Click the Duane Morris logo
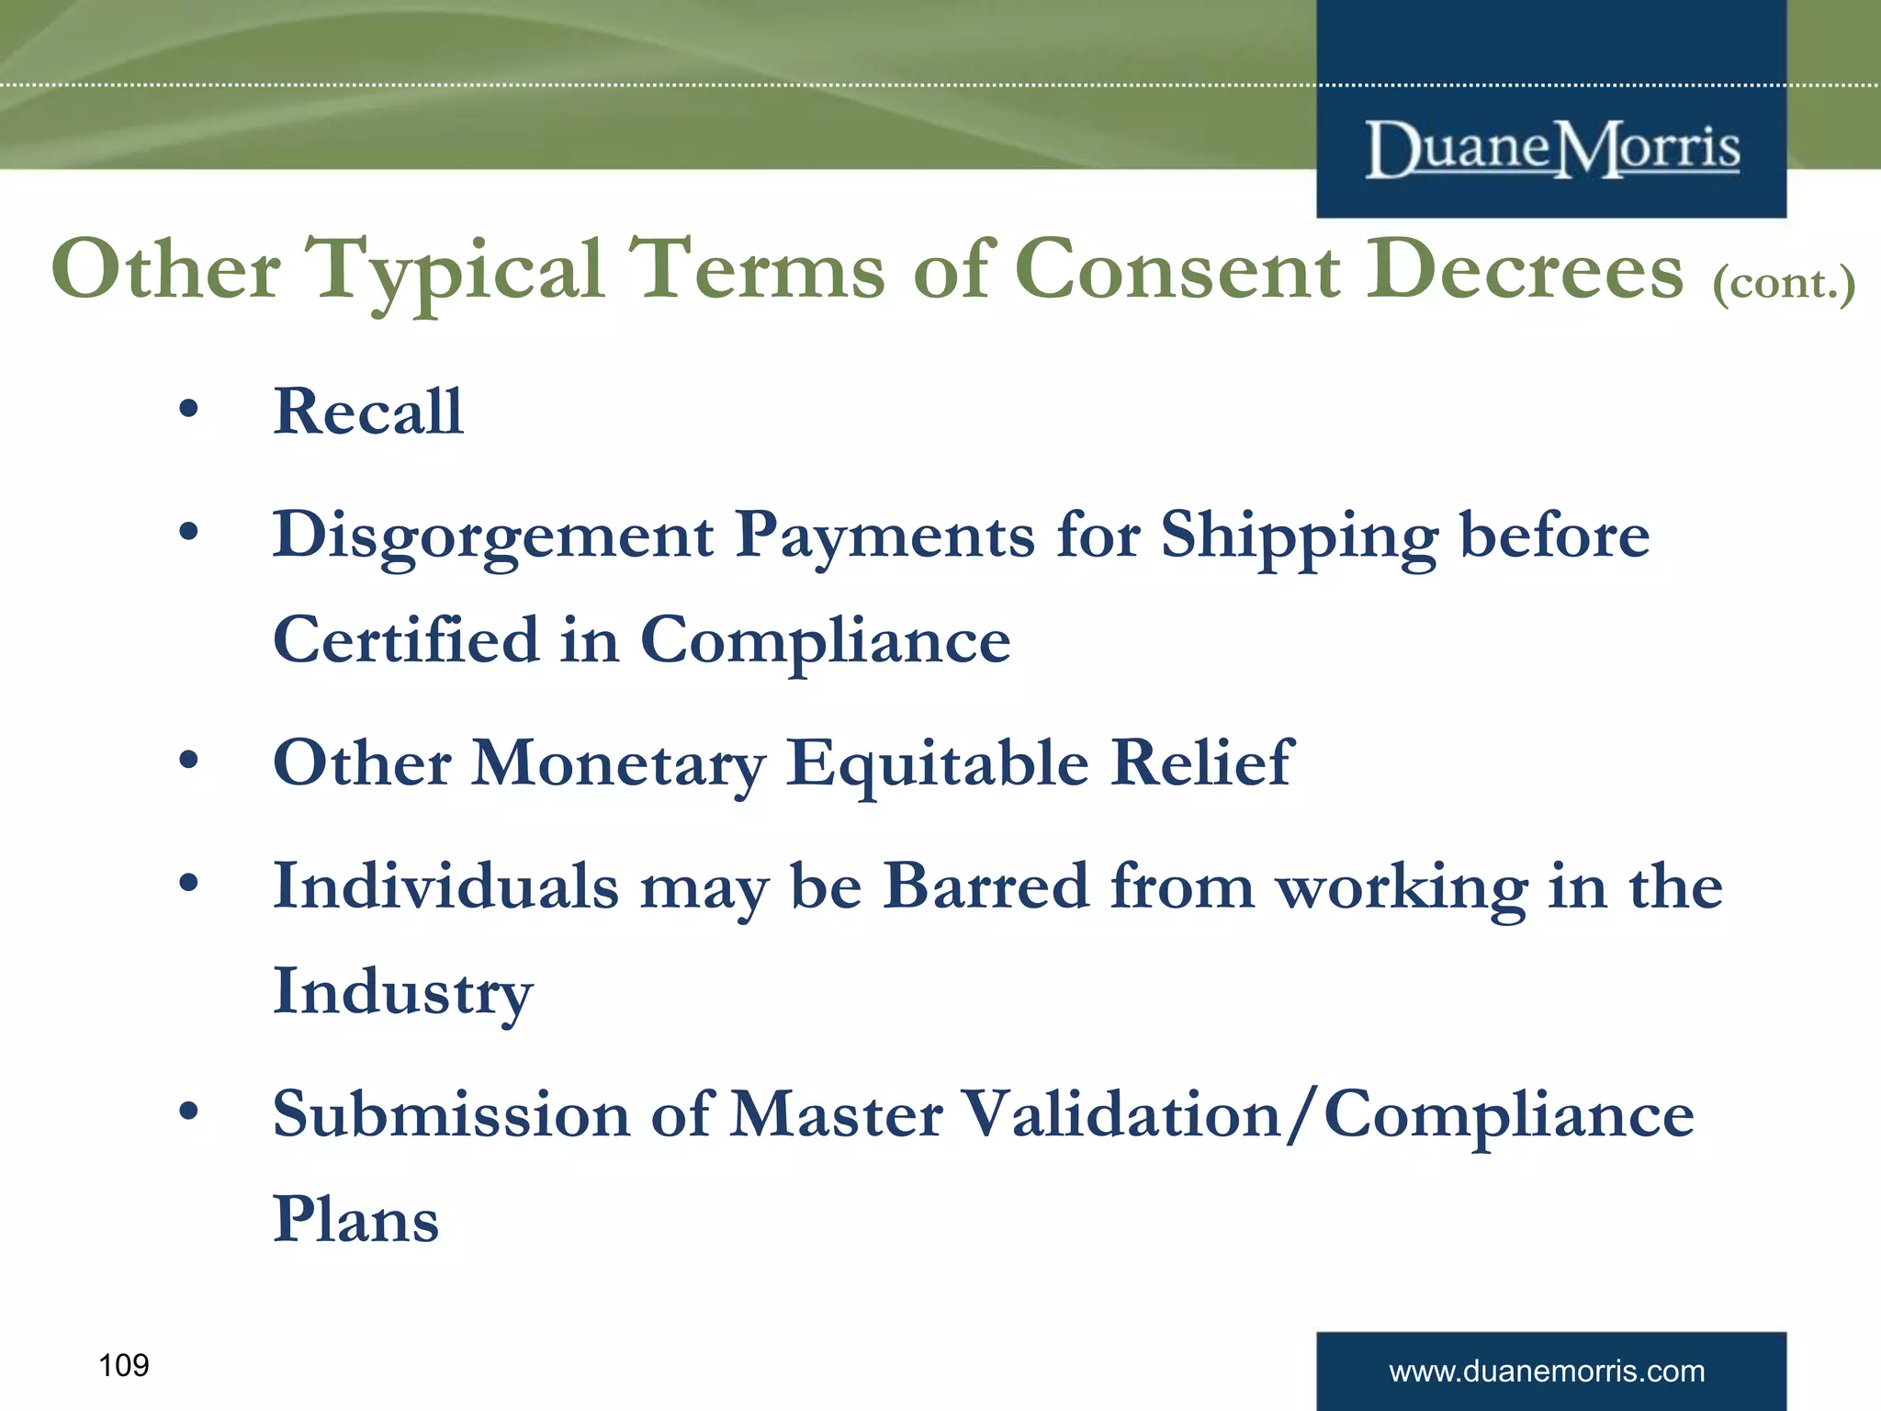pyautogui.click(x=1552, y=150)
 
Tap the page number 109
pyautogui.click(x=123, y=1365)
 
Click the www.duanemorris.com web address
pyautogui.click(x=1547, y=1371)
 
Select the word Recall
pyautogui.click(x=368, y=412)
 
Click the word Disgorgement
pyautogui.click(x=493, y=536)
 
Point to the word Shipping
pyautogui.click(x=1299, y=536)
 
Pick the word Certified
pyautogui.click(x=406, y=640)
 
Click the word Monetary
pyautogui.click(x=618, y=764)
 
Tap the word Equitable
pyautogui.click(x=937, y=764)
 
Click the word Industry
pyautogui.click(x=402, y=992)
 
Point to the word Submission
pyautogui.click(x=451, y=1114)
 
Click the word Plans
pyautogui.click(x=356, y=1220)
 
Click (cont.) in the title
pyautogui.click(x=1784, y=282)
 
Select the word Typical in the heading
pyautogui.click(x=456, y=271)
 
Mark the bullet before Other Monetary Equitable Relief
pyautogui.click(x=188, y=761)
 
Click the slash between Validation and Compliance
pyautogui.click(x=1302, y=1114)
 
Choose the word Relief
pyautogui.click(x=1201, y=762)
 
